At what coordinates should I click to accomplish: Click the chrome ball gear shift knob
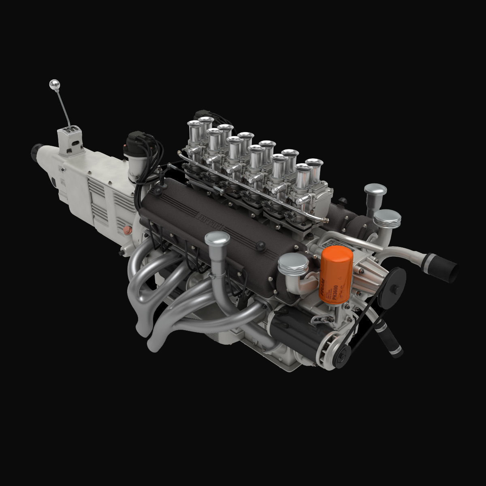54,84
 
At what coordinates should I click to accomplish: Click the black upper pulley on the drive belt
392,286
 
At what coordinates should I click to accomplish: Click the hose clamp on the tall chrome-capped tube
218,277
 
